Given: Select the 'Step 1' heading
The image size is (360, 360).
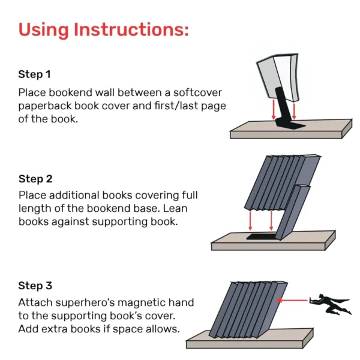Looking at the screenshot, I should [x=34, y=75].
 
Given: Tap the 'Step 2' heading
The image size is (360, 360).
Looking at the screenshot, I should [x=35, y=179].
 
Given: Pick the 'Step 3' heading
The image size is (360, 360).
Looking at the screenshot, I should [x=35, y=286].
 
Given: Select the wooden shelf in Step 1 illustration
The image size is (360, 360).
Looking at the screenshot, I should [x=288, y=131].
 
